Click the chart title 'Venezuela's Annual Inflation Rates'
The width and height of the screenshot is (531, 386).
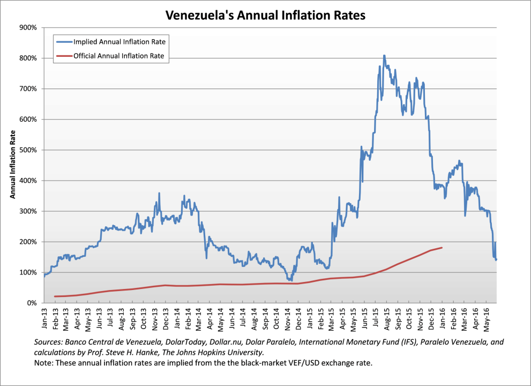(265, 15)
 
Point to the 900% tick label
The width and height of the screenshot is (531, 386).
(28, 27)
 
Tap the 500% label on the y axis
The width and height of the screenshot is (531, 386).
(28, 150)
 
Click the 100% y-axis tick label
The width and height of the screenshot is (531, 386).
(28, 272)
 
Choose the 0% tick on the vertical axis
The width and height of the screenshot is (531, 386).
(31, 303)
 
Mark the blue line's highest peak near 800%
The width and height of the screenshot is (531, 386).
(384, 55)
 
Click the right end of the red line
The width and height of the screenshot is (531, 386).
(442, 248)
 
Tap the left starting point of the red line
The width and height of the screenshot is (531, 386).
(55, 296)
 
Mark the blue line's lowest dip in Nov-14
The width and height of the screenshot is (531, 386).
(291, 280)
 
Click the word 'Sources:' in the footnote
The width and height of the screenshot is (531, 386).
(49, 342)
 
